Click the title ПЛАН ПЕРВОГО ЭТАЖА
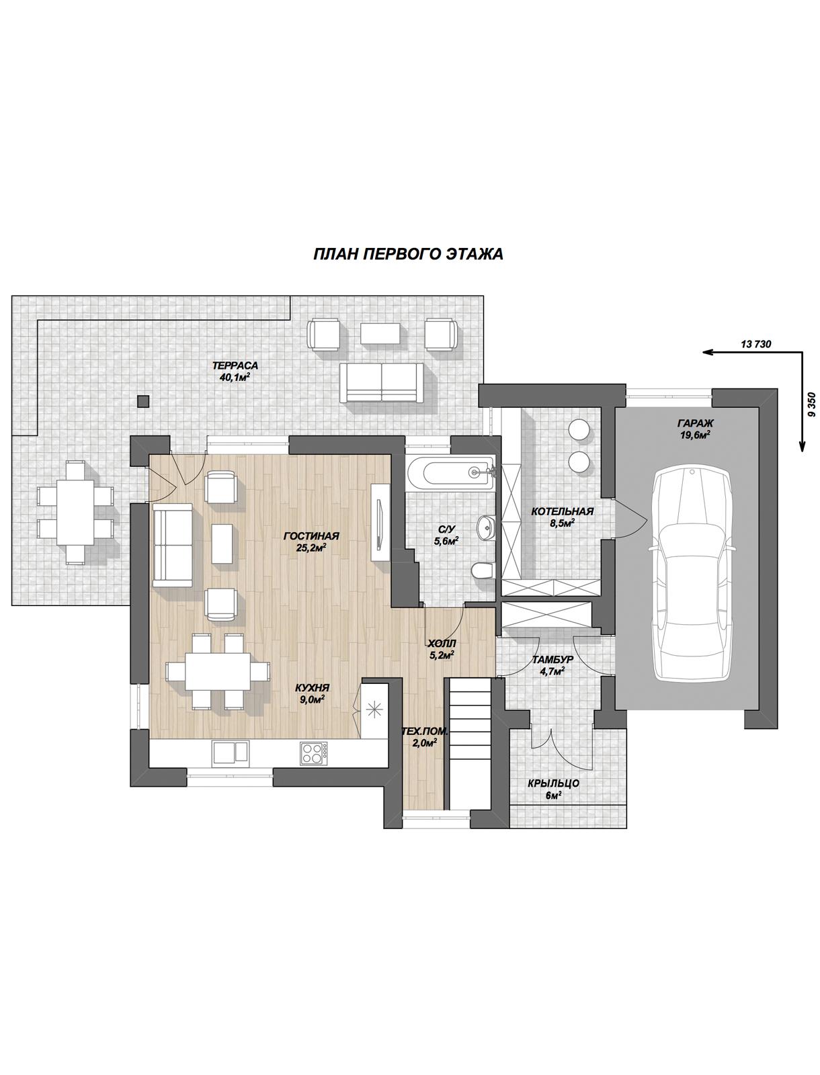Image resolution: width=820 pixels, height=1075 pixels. point(408,254)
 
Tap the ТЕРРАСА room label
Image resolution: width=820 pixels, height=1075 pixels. point(235,365)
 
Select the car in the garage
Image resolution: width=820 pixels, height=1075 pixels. point(691,573)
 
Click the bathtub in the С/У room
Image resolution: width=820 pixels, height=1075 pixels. point(449,472)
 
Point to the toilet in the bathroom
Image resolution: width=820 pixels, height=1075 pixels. point(483,570)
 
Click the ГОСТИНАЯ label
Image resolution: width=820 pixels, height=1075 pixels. point(311,535)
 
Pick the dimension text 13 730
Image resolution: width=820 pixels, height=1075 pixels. point(756,344)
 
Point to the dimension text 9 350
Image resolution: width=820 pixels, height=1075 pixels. point(812,404)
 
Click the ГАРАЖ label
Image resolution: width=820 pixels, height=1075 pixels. point(696,423)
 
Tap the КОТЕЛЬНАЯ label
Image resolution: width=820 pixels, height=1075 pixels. point(562,511)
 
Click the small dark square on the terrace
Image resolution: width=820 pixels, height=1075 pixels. point(142,401)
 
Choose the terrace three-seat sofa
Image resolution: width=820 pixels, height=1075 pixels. point(382,383)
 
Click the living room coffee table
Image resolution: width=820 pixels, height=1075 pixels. point(222,544)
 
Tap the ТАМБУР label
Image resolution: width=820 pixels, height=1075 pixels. point(552,660)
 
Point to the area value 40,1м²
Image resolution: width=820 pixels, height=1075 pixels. point(235,377)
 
